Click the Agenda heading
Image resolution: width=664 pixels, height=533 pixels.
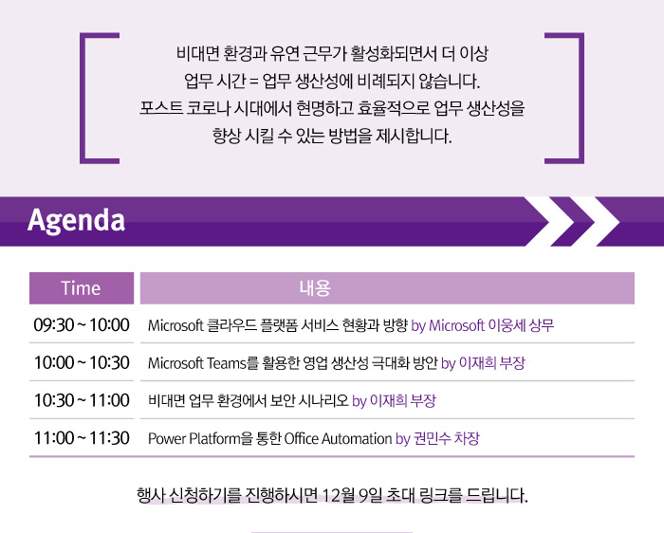coord(76,220)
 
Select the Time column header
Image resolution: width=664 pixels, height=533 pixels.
coord(82,288)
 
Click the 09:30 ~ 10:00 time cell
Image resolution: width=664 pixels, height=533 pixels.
coord(82,325)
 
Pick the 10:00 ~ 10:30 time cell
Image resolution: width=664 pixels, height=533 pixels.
coord(82,363)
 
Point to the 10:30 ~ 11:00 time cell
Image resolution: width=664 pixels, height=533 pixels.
coord(82,400)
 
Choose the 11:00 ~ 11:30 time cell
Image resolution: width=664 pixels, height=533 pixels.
coord(82,438)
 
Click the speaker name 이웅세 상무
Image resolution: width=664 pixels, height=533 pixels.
coord(521,325)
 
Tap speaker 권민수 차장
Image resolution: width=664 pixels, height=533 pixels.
coord(447,438)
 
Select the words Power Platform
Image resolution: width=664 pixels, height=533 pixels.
coord(194,438)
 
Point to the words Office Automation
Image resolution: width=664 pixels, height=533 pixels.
coord(338,438)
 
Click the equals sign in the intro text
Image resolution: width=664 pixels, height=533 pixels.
coord(253,82)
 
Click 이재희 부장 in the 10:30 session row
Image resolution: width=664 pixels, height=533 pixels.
coord(403,400)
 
